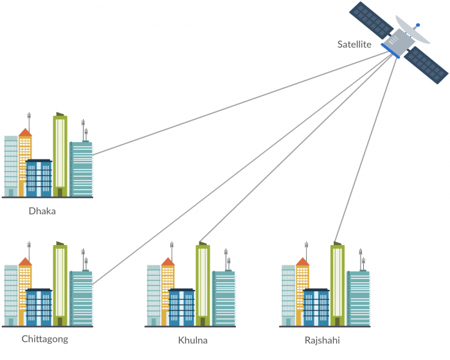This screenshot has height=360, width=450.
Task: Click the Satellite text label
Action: (355, 44)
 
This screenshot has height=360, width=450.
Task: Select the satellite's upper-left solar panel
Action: (371, 19)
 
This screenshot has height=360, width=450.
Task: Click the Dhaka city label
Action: (42, 210)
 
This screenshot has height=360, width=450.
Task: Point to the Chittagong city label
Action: (44, 339)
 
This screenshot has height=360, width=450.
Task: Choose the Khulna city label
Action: (193, 339)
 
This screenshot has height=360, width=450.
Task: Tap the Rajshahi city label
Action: (322, 339)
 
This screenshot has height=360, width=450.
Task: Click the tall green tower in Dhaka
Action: (60, 154)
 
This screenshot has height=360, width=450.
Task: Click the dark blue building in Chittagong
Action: (39, 307)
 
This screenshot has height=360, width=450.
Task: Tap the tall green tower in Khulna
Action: (203, 283)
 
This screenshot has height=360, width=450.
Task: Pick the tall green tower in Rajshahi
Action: (337, 283)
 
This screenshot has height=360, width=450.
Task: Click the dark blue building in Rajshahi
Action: (316, 307)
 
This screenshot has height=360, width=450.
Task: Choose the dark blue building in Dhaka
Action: (39, 178)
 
